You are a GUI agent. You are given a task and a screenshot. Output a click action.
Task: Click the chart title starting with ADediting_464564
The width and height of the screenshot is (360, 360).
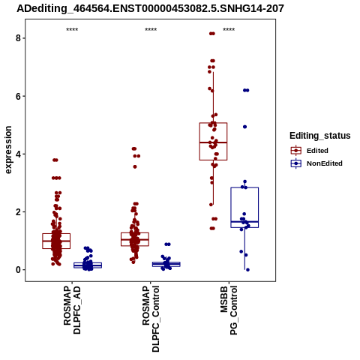point(150,8)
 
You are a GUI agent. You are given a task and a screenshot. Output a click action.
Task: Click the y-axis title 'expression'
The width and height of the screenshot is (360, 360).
point(8,150)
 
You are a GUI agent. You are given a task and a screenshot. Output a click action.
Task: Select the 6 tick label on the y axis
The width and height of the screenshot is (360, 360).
point(18,96)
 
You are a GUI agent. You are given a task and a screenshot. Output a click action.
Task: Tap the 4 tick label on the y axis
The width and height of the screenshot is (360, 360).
point(18,154)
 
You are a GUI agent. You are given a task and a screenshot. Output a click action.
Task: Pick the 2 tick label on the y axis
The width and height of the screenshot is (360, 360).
point(18,212)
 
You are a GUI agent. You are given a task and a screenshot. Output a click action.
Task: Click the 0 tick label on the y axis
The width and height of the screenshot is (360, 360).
point(18,270)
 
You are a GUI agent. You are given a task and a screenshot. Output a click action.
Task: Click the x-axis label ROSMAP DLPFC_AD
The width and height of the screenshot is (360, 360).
point(72,310)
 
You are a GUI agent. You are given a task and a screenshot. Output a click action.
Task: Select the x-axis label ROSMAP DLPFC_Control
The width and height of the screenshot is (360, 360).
point(151,319)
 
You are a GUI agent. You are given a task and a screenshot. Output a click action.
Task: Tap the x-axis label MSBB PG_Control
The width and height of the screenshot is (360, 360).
point(229,310)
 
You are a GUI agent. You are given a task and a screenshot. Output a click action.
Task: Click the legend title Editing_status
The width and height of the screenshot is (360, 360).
point(320,136)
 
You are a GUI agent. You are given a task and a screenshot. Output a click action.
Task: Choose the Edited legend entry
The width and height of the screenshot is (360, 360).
point(309,151)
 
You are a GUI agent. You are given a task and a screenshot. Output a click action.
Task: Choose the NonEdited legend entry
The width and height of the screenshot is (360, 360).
point(316,163)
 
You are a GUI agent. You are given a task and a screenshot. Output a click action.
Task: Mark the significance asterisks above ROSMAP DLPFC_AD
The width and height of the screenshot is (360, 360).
point(72,30)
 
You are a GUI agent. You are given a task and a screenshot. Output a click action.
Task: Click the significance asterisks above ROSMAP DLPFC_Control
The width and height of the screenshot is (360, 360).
point(151,30)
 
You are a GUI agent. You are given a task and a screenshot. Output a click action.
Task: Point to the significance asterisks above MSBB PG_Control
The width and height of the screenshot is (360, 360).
point(229,30)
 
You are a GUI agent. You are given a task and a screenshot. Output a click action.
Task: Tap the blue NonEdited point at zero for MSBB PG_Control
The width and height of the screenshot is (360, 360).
point(247,270)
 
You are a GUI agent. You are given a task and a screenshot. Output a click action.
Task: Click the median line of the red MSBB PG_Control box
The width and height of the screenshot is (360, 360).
point(213,142)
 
